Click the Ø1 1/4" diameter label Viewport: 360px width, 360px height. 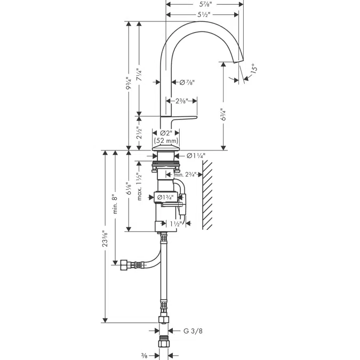196,155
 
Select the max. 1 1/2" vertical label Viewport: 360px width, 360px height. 139,187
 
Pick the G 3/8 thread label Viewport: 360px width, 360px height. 193,331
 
